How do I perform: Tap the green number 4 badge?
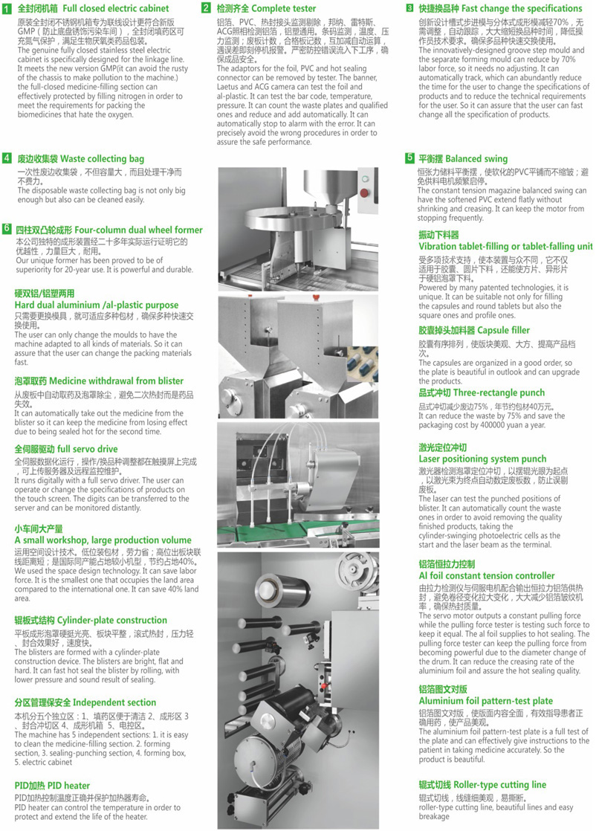coord(7,158)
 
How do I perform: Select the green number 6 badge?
coord(7,229)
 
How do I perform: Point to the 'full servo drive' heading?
coord(66,449)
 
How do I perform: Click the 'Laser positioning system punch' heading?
coord(482,459)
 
